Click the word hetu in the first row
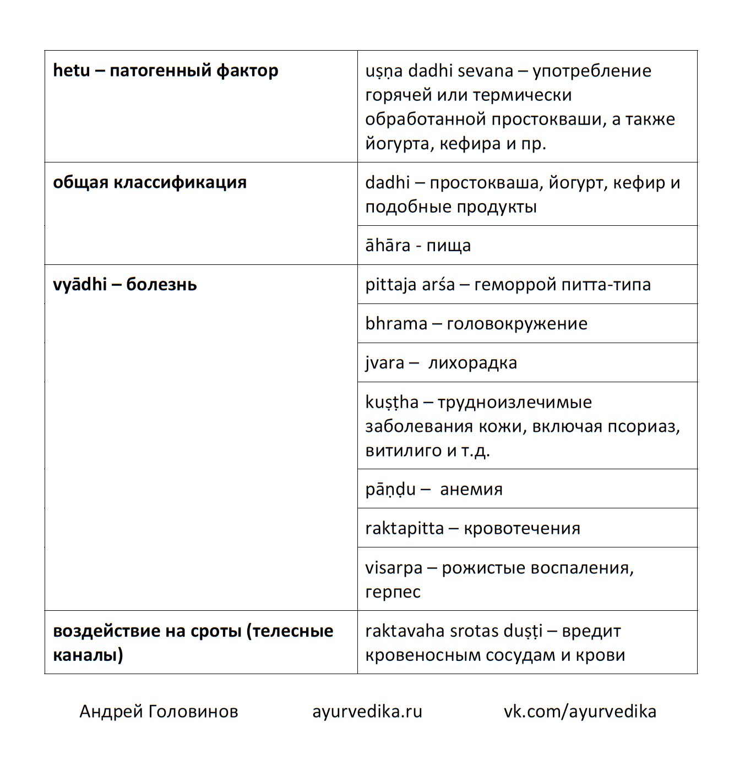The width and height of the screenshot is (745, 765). click(71, 70)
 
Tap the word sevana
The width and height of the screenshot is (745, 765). click(485, 71)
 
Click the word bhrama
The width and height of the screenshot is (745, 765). click(396, 323)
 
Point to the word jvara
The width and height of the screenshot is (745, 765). click(384, 363)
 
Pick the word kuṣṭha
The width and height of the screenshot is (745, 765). click(391, 403)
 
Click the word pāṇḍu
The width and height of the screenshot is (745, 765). click(390, 489)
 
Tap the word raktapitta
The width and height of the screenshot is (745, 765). click(404, 528)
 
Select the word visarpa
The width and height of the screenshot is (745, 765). click(394, 568)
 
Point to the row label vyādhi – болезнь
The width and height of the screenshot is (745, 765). click(124, 285)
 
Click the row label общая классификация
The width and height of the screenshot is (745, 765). click(149, 182)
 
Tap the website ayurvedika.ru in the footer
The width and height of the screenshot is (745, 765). click(367, 711)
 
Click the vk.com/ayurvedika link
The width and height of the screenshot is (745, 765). click(580, 711)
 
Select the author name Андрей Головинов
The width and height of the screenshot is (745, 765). click(159, 711)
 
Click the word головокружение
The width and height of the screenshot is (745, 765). click(517, 323)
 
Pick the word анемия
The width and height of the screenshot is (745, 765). click(471, 489)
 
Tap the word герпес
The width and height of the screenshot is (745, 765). click(393, 592)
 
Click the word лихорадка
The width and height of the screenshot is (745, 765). click(472, 363)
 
